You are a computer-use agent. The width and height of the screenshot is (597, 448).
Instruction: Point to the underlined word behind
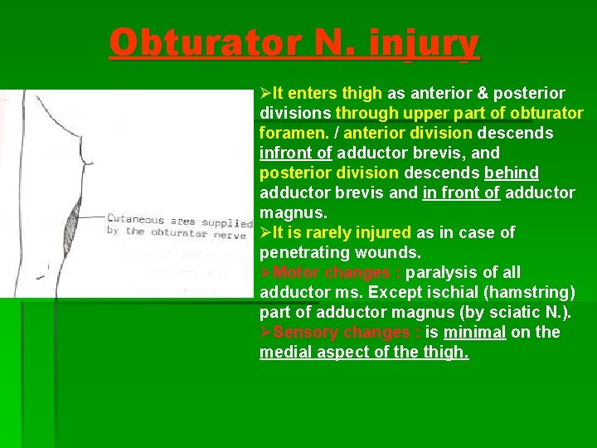pyautogui.click(x=511, y=173)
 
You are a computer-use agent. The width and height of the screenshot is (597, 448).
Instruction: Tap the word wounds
pyautogui.click(x=386, y=252)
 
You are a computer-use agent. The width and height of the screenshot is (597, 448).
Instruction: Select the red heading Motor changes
pyautogui.click(x=337, y=272)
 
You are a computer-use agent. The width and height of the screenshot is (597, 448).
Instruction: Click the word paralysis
pyautogui.click(x=448, y=272)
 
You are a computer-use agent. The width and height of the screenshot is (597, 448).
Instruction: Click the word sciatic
pyautogui.click(x=495, y=312)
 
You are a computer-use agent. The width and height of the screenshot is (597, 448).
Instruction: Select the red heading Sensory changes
pyautogui.click(x=347, y=332)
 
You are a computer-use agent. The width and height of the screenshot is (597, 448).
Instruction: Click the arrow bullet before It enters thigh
pyautogui.click(x=265, y=93)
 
